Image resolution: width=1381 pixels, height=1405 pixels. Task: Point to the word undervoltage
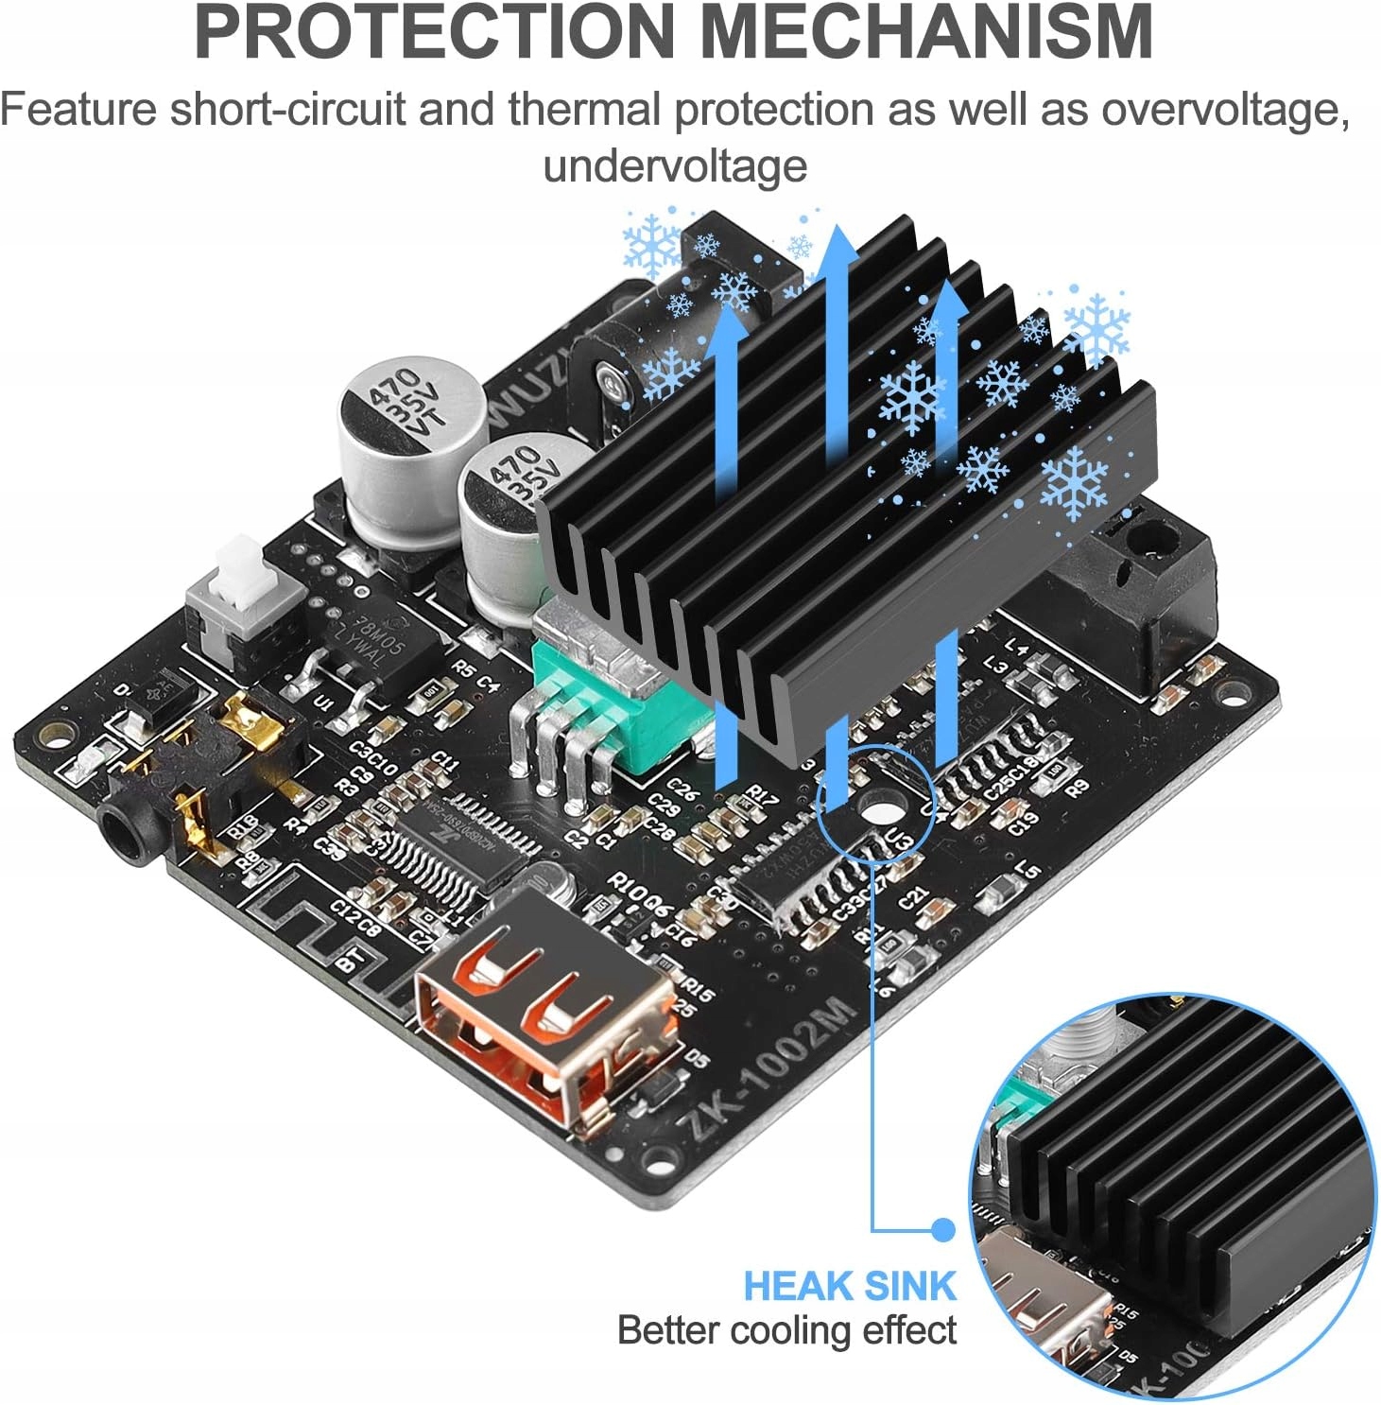coord(675,166)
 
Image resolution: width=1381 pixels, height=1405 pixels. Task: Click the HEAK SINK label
coord(849,1287)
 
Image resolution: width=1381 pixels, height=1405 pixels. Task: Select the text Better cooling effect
coord(786,1330)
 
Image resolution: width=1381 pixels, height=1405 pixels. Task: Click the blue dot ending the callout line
coord(942,1229)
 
